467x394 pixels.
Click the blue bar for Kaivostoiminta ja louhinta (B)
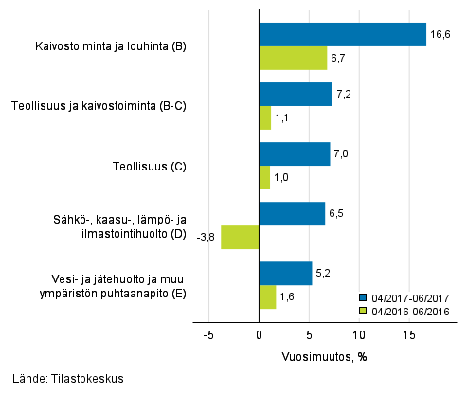coord(342,34)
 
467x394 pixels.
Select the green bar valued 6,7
coord(293,58)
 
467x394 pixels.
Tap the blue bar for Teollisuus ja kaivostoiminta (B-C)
coord(296,94)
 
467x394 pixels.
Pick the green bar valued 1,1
coord(264,117)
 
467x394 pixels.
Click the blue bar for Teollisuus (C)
coord(295,153)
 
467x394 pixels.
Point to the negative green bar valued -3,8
coord(240,237)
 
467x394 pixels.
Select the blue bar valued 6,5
coord(292,213)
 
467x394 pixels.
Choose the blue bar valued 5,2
coord(285,273)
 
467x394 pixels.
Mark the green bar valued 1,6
coord(267,296)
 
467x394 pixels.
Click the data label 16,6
coord(440,34)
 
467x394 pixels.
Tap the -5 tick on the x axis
coord(207,335)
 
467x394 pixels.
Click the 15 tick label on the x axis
coord(409,335)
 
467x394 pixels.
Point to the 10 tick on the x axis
coord(359,335)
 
